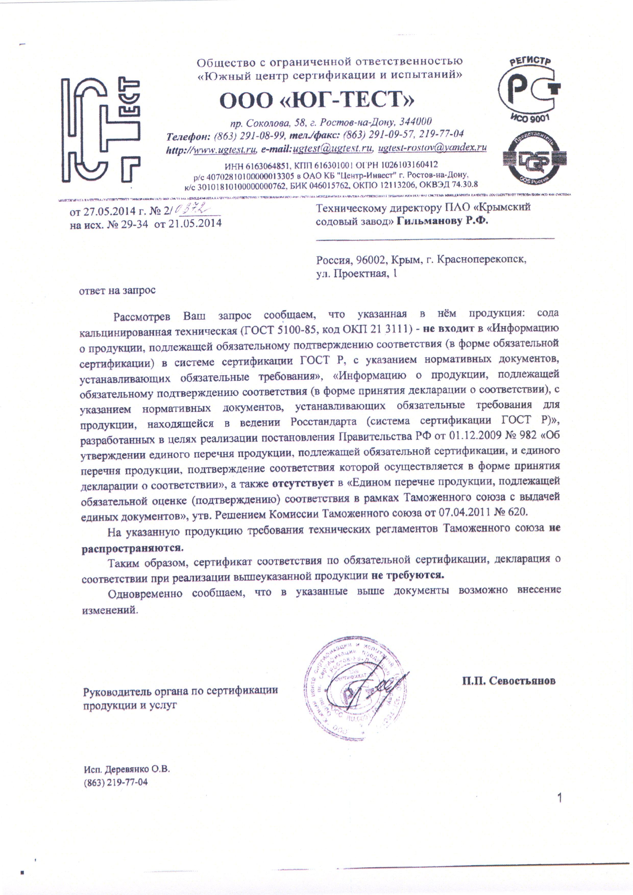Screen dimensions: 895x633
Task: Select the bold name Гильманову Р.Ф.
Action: point(443,221)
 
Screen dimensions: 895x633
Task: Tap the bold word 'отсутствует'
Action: point(303,483)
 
